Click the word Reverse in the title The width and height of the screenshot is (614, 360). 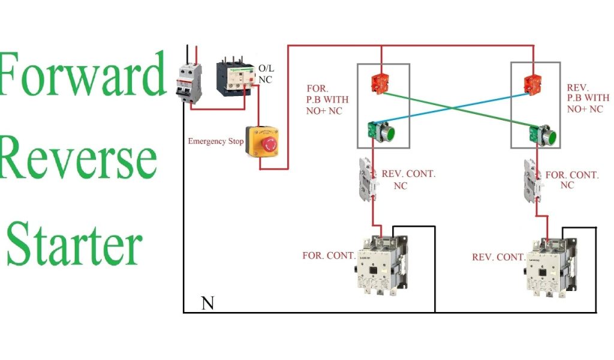click(78, 158)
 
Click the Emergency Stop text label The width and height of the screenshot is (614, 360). click(215, 142)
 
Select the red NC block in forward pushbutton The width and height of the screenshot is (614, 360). click(380, 82)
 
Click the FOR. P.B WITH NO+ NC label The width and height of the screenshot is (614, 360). click(327, 99)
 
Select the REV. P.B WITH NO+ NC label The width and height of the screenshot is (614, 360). click(588, 99)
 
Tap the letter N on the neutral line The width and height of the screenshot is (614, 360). click(207, 303)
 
